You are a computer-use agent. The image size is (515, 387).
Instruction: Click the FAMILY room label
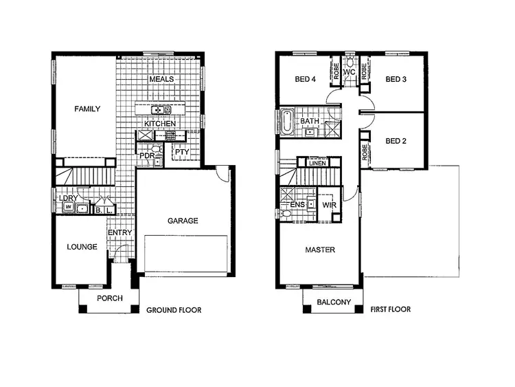click(x=88, y=109)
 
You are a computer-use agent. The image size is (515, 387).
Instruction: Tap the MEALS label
click(x=161, y=79)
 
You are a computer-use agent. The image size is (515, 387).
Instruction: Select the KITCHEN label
click(x=160, y=124)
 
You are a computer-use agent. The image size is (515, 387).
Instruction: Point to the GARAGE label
click(x=183, y=221)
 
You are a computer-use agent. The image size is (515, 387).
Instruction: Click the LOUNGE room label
click(x=81, y=247)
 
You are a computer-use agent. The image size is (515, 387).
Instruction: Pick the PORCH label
click(x=109, y=298)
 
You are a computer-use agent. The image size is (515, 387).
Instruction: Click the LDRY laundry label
click(x=68, y=199)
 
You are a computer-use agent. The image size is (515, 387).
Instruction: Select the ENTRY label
click(x=119, y=233)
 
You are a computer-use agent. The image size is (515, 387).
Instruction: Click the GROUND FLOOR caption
click(x=174, y=310)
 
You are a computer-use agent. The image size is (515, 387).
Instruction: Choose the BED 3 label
click(x=396, y=79)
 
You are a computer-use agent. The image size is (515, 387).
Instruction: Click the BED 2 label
click(x=396, y=141)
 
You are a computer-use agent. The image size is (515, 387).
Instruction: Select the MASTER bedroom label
click(x=320, y=250)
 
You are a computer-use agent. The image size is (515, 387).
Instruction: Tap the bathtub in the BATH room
click(x=286, y=122)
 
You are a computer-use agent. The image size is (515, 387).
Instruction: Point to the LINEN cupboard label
click(x=317, y=163)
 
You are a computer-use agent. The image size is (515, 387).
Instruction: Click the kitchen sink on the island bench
click(x=157, y=109)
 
